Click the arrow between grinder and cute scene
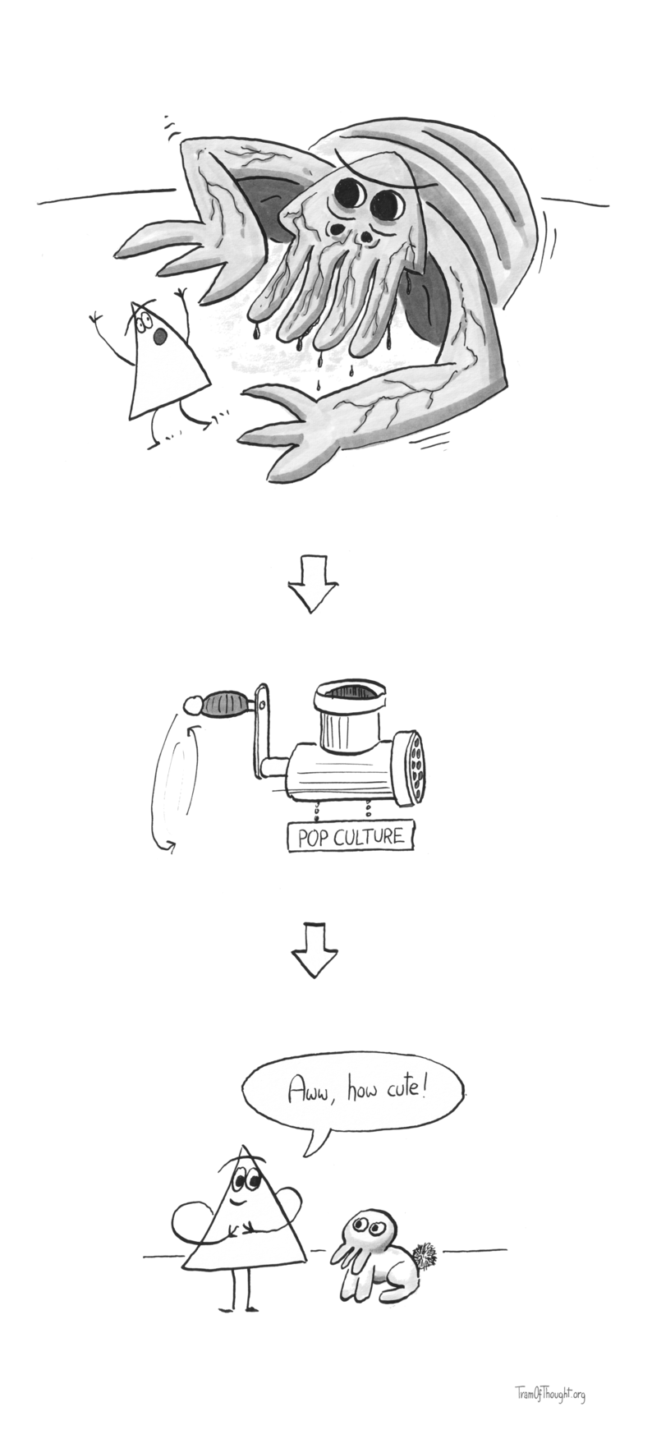(314, 949)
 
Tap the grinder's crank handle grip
(225, 704)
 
